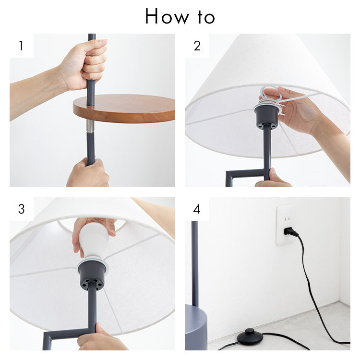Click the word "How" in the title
[x=167, y=16]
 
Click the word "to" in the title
[x=206, y=16]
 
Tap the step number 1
[x=21, y=46]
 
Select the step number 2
[x=197, y=46]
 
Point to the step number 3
[x=21, y=209]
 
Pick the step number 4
[x=197, y=209]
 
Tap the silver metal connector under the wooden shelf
[x=90, y=126]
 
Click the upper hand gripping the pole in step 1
[x=84, y=64]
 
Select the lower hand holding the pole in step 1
[x=88, y=173]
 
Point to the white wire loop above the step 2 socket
[x=272, y=94]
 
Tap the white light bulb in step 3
[x=94, y=241]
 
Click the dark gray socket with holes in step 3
[x=92, y=276]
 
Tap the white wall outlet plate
[x=286, y=225]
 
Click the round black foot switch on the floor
[x=250, y=336]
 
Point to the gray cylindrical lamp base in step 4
[x=196, y=327]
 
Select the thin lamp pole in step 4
[x=195, y=264]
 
